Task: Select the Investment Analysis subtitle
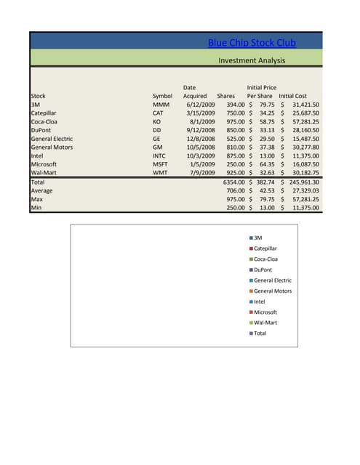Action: [x=252, y=61]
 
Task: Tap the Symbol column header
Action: [x=162, y=96]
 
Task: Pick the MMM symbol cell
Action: [x=161, y=105]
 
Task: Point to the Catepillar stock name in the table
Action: [x=44, y=113]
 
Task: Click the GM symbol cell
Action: [x=157, y=147]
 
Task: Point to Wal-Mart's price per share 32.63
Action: [x=265, y=173]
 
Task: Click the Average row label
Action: [x=42, y=190]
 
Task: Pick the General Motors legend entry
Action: [x=272, y=291]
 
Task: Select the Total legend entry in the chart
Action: [x=260, y=333]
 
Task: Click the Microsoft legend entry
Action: [x=265, y=312]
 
